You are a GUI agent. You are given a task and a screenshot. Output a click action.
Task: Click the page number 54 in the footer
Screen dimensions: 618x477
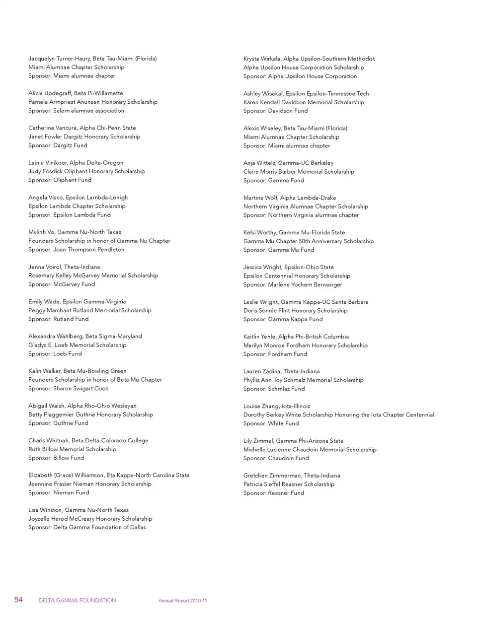tap(18, 600)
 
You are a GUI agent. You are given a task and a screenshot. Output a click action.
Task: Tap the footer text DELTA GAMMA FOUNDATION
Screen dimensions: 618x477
tap(77, 601)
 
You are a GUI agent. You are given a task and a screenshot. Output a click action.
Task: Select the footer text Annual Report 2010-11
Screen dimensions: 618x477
tap(182, 601)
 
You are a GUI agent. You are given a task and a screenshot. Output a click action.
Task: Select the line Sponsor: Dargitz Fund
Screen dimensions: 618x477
tap(58, 145)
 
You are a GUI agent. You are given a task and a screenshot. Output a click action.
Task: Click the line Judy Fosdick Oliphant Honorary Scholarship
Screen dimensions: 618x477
tap(86, 171)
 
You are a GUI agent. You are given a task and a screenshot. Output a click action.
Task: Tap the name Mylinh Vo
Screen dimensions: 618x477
tap(41, 232)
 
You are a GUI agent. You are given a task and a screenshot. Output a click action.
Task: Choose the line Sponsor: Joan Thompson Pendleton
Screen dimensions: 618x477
tap(76, 250)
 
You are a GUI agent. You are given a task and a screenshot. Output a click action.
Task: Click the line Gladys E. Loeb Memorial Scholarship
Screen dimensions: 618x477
tap(77, 345)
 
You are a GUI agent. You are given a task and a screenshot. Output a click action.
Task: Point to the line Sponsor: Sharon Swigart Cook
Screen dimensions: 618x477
tap(68, 389)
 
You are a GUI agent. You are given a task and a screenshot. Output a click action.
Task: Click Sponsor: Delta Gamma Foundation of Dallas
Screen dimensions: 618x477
tap(87, 528)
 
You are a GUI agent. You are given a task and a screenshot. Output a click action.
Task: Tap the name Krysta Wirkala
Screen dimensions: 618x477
tap(261, 59)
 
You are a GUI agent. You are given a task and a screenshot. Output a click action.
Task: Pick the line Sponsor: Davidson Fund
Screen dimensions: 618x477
tap(275, 111)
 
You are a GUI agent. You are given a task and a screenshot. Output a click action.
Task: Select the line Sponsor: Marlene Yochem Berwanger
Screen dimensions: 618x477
tap(292, 284)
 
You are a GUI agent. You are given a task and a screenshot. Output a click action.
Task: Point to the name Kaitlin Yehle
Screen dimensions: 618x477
tap(260, 337)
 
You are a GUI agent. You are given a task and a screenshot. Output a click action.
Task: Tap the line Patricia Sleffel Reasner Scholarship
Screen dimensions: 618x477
tap(289, 484)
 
